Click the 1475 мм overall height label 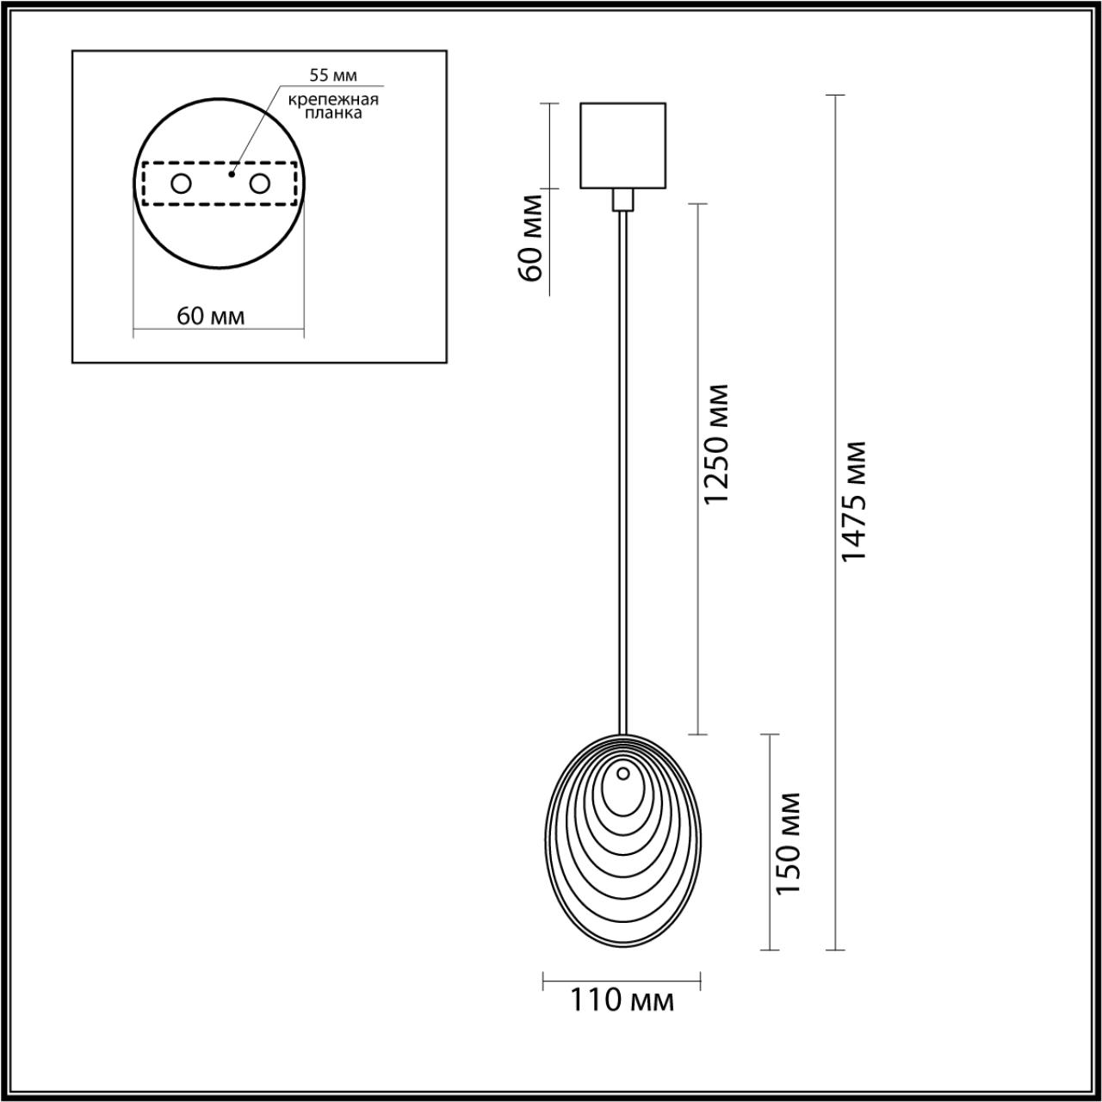click(854, 501)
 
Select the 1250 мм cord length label click(716, 444)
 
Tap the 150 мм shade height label click(789, 843)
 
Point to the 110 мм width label click(622, 1000)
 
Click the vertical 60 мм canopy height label click(531, 238)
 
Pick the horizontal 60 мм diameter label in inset click(211, 316)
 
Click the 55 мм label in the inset click(333, 77)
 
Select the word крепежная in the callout click(334, 99)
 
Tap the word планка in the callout click(334, 113)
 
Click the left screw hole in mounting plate click(181, 183)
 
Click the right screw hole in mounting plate click(259, 183)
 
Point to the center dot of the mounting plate click(231, 174)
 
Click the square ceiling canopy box click(622, 145)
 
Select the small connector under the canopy click(622, 200)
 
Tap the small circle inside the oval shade click(622, 772)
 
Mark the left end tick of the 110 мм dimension click(543, 980)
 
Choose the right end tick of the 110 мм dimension click(700, 980)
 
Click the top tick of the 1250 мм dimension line click(696, 204)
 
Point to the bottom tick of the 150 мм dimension click(769, 950)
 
